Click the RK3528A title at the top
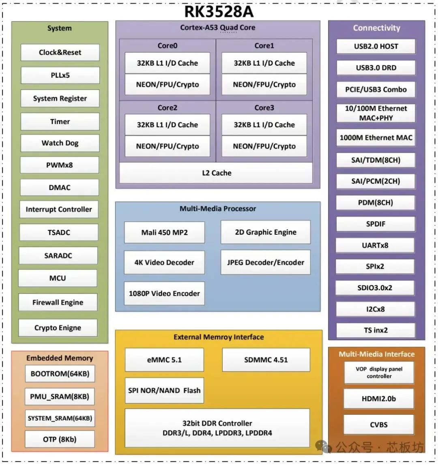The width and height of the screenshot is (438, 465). pos(219,11)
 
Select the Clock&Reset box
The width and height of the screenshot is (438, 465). pos(60,52)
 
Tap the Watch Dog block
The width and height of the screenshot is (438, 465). pos(60,143)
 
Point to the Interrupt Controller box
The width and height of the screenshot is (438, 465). pos(59,209)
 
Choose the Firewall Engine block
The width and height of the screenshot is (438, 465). pos(58,302)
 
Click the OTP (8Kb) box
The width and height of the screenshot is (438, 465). pos(60,439)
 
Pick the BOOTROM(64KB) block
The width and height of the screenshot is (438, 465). pos(60,374)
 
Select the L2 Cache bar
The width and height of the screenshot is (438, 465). pos(216,173)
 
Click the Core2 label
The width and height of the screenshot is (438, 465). pos(167,108)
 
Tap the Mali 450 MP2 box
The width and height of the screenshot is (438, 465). pos(164,233)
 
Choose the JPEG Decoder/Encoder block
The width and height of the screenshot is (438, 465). pos(266,262)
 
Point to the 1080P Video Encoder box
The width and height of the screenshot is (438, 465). pos(164,293)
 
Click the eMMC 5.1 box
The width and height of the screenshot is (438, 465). pos(164,360)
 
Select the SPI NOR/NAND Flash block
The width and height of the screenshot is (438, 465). pos(164,390)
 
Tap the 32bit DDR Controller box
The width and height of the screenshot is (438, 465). pos(217,428)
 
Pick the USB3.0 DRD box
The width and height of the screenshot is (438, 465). pos(376,68)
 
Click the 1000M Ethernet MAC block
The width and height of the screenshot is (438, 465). pos(376,137)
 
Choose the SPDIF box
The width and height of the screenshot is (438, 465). pos(376,224)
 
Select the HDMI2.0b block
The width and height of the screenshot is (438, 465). pos(379,399)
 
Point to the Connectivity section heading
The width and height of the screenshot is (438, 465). pos(377,28)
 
